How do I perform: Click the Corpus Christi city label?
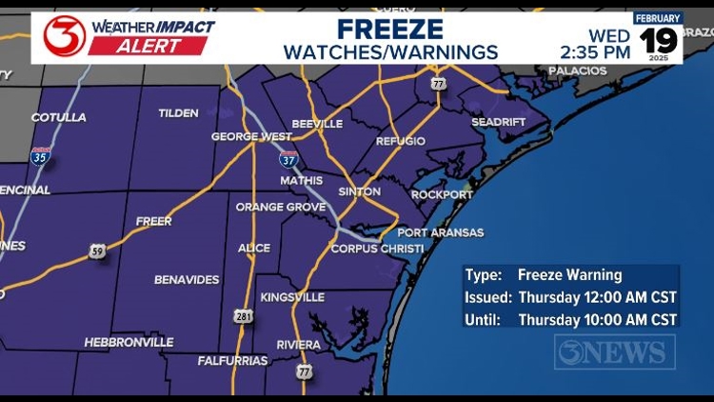click(377, 249)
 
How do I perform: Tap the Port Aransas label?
click(441, 232)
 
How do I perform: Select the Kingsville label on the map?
click(292, 297)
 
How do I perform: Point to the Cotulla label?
click(58, 118)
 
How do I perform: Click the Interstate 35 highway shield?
click(40, 156)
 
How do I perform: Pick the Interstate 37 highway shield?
click(288, 158)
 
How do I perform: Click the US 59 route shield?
click(96, 251)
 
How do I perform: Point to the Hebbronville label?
click(129, 342)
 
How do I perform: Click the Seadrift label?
click(500, 123)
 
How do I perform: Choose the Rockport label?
click(442, 195)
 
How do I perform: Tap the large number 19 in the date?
click(658, 41)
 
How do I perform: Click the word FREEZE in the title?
click(390, 29)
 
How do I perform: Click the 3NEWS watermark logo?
click(615, 352)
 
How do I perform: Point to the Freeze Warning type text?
click(569, 275)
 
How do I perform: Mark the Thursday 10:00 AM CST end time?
click(597, 320)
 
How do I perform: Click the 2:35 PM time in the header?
click(595, 52)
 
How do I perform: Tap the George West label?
click(250, 137)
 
